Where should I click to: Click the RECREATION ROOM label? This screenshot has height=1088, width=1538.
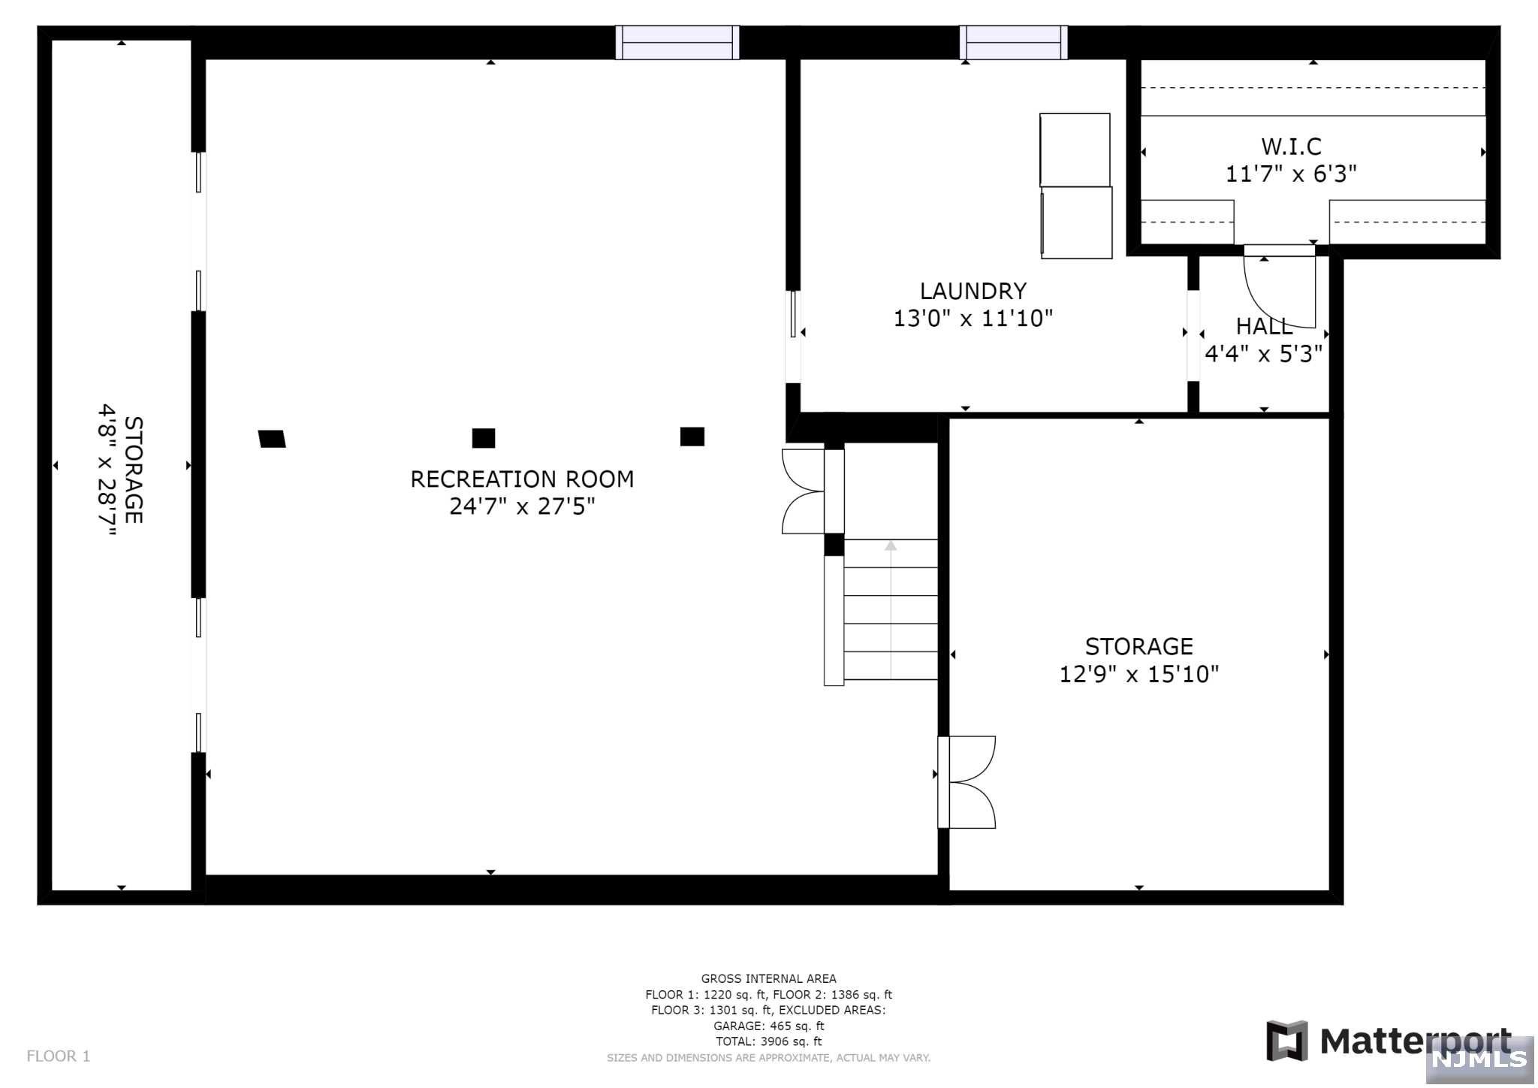(x=522, y=479)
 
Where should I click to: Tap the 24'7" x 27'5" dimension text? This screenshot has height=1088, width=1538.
(x=522, y=506)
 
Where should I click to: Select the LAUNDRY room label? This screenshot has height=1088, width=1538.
(x=973, y=291)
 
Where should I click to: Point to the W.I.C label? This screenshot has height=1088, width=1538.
(x=1291, y=146)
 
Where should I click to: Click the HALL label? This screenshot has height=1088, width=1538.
(x=1265, y=326)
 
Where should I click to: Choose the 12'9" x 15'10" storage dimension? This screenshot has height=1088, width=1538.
(x=1138, y=674)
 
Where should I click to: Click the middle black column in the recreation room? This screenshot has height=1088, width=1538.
(x=484, y=438)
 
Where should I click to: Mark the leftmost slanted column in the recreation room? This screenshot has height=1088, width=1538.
(x=272, y=439)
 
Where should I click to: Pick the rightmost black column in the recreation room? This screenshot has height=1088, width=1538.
(x=692, y=437)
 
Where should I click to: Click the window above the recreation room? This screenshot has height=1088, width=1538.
(x=677, y=42)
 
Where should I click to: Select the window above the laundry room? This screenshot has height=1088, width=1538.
(x=1014, y=42)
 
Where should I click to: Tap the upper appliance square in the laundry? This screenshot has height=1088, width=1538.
(x=1075, y=150)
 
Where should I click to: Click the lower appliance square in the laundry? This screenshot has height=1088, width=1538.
(x=1076, y=223)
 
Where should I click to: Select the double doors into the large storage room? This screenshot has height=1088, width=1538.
(x=967, y=782)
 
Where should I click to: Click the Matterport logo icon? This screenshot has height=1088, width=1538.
(x=1287, y=1041)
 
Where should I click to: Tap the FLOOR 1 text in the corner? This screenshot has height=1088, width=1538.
(x=59, y=1056)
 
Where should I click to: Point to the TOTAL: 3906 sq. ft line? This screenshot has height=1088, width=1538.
(x=768, y=1041)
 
